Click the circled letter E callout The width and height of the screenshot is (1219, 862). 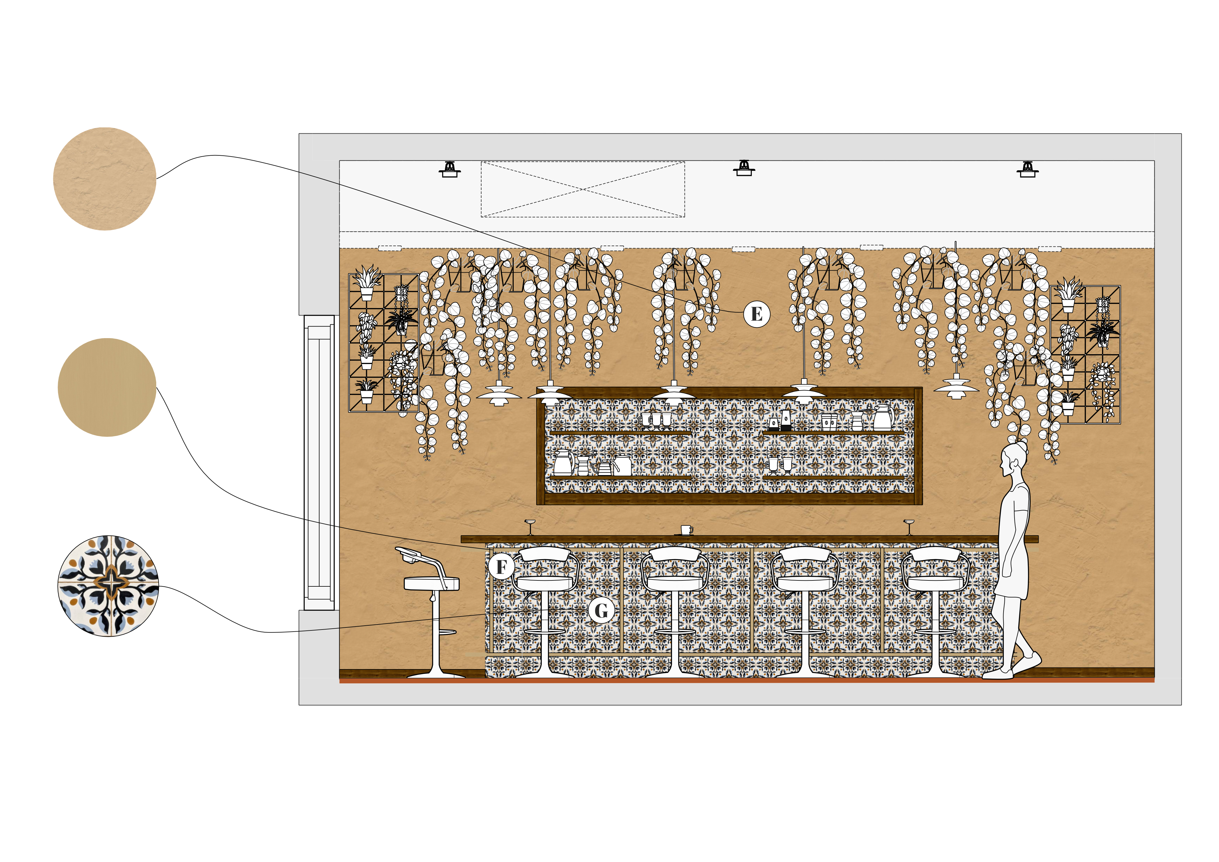(757, 314)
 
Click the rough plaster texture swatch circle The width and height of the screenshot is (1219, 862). (104, 179)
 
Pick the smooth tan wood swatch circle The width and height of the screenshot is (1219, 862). (107, 387)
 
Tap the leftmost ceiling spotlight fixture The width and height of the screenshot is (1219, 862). (450, 169)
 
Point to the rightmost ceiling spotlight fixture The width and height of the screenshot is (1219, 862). (1027, 169)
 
